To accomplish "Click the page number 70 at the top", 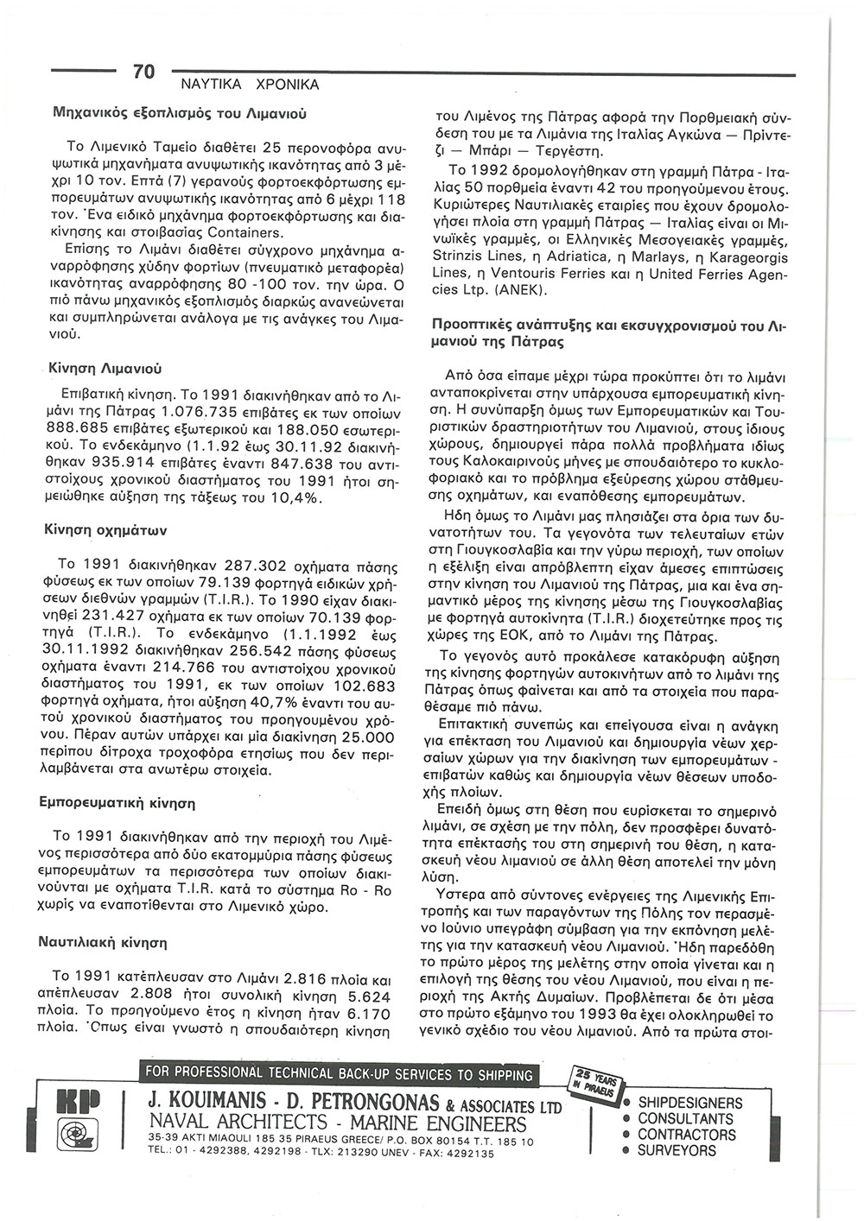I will [143, 72].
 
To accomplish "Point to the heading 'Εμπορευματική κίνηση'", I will [118, 802].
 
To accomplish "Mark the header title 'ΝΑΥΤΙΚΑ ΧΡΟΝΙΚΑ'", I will [249, 85].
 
